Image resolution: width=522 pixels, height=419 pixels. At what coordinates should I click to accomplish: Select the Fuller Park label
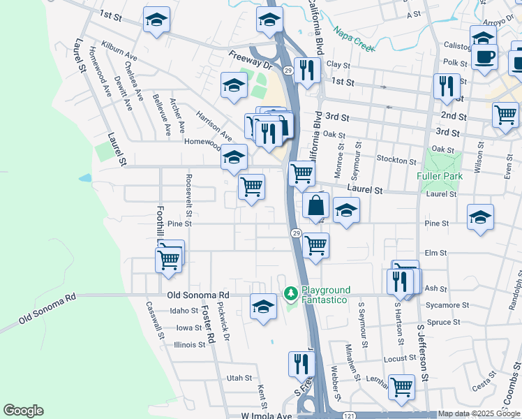click(x=438, y=177)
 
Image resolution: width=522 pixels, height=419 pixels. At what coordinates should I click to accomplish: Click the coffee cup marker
click(x=485, y=56)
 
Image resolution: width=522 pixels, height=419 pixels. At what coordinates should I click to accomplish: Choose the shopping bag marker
click(x=316, y=206)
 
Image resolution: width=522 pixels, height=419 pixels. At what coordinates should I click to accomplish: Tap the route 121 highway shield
click(x=348, y=415)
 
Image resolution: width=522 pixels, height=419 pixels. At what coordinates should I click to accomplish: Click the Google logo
click(x=23, y=411)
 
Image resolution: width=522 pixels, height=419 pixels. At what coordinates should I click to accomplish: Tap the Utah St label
click(x=239, y=378)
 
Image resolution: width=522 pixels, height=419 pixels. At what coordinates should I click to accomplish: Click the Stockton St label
click(x=396, y=160)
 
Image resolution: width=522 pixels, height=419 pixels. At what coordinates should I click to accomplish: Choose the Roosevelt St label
click(x=188, y=189)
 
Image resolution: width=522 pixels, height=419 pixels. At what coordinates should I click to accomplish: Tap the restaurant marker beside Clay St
click(x=306, y=69)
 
